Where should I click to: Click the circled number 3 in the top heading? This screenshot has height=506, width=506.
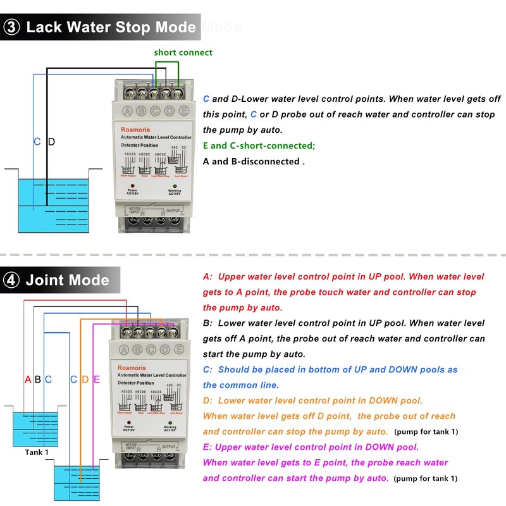(14, 28)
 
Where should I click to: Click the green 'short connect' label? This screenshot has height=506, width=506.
(183, 52)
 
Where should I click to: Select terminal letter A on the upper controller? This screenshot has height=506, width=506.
(126, 112)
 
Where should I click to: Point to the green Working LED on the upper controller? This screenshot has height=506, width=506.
(174, 185)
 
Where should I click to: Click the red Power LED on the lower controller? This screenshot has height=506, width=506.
(132, 422)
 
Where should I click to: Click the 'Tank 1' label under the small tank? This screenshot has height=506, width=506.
(36, 452)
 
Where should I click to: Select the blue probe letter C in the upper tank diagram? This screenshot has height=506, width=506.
(37, 142)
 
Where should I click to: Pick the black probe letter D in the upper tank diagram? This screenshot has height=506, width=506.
(51, 142)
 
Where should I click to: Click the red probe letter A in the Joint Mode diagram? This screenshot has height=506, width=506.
(28, 379)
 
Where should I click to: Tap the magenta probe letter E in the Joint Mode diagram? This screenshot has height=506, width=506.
(96, 379)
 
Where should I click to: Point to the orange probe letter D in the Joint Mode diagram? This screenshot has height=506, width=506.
(85, 379)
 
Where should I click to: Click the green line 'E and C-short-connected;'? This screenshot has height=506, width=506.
(259, 145)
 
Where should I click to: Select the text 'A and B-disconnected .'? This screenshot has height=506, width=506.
(254, 161)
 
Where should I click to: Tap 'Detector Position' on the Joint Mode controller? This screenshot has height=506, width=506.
(137, 383)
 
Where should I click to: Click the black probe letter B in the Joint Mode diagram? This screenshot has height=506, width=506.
(38, 379)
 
